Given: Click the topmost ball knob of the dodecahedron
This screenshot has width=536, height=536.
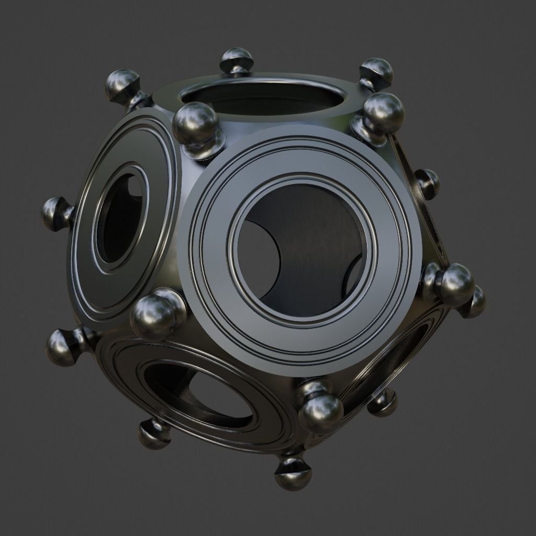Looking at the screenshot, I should tap(237, 59).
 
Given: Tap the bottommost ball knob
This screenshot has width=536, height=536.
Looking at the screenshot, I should tap(293, 474).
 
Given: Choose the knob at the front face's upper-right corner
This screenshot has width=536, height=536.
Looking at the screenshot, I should tap(384, 113).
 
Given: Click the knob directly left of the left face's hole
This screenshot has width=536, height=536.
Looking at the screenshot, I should tap(55, 214).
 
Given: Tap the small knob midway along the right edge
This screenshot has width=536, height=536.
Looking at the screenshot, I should tap(428, 183).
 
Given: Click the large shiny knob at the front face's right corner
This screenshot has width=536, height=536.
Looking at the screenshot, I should tap(455, 284).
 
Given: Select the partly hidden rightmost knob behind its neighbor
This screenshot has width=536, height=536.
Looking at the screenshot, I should tap(476, 302).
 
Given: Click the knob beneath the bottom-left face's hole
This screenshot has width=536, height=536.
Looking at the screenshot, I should tap(154, 434).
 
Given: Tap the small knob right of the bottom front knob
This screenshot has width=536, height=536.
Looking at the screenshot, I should tap(384, 403).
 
